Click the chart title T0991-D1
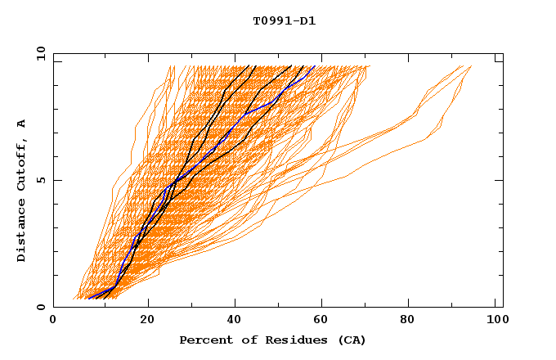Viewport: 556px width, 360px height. click(285, 20)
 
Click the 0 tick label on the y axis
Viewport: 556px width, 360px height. click(40, 308)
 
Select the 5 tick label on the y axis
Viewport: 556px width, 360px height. click(40, 180)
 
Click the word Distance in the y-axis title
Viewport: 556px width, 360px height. click(22, 227)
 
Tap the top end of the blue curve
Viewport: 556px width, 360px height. click(315, 66)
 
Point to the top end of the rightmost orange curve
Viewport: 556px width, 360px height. click(471, 66)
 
